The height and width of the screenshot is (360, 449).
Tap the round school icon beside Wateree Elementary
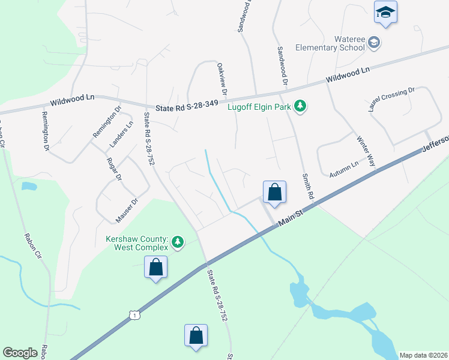[x=374, y=42]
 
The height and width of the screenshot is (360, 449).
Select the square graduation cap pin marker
[x=385, y=12]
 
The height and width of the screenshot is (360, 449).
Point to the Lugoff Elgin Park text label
[x=259, y=108]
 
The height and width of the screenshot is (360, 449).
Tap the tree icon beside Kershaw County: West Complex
[x=177, y=242]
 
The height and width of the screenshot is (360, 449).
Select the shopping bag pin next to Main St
[x=274, y=193]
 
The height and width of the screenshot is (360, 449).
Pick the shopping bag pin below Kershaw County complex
[x=155, y=267]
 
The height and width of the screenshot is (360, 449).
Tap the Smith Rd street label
[x=307, y=187]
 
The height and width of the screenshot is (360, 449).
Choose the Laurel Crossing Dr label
[x=391, y=100]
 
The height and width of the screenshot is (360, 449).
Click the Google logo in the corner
[x=20, y=353]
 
